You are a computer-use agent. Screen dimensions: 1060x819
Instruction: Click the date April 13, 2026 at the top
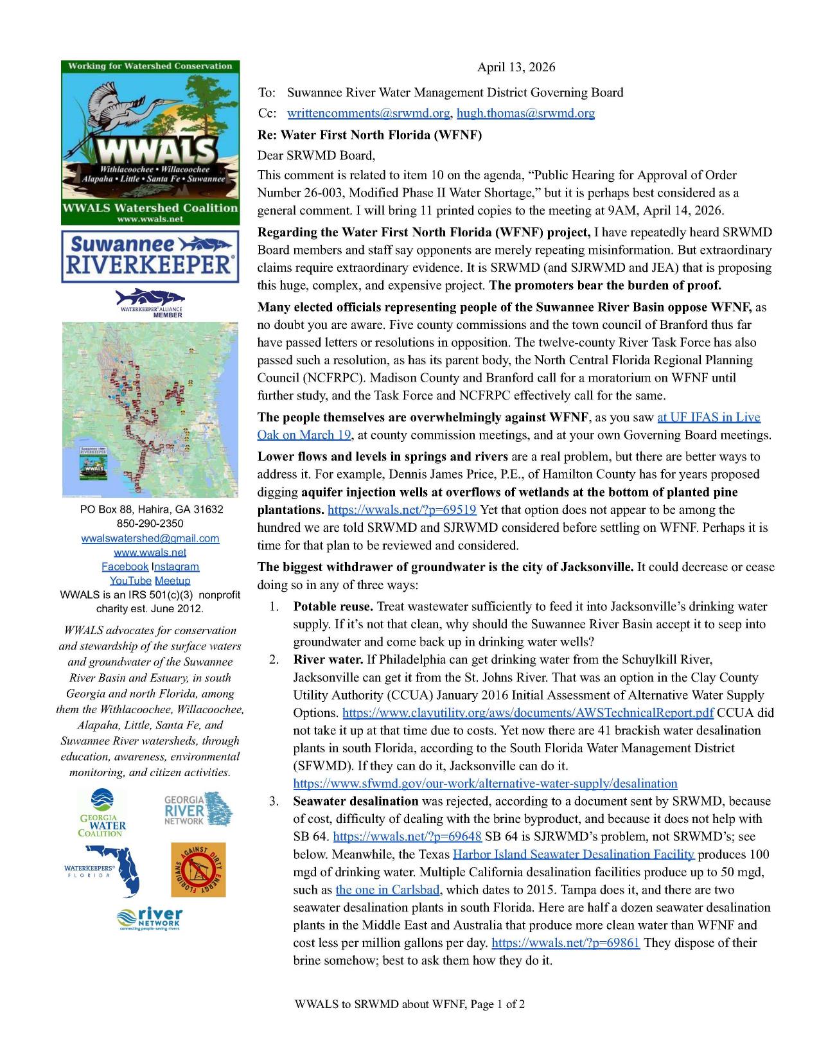tap(516, 67)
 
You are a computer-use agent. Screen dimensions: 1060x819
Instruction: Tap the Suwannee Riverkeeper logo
tap(150, 257)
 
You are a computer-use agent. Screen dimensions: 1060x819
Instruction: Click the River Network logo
tap(150, 919)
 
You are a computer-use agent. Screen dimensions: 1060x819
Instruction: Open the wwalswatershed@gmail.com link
tap(150, 538)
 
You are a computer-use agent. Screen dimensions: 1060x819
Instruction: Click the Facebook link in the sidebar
tap(125, 567)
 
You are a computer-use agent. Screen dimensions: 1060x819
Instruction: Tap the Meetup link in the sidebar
tap(173, 581)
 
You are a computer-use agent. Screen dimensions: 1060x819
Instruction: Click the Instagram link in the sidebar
tap(176, 567)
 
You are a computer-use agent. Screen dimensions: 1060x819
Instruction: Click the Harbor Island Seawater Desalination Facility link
tap(574, 854)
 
